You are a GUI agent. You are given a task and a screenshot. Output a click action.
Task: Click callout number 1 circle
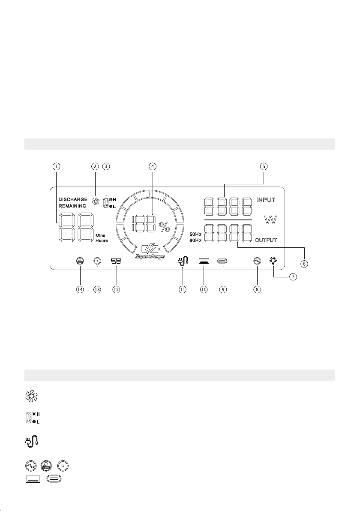(57, 166)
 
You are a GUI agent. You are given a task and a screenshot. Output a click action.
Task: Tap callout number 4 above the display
(153, 166)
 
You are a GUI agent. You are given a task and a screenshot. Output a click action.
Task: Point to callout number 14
(80, 289)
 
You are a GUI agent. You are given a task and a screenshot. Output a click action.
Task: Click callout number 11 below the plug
(183, 289)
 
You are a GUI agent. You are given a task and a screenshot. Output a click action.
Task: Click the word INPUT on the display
(266, 200)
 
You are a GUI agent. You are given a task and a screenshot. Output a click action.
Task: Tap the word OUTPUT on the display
(266, 240)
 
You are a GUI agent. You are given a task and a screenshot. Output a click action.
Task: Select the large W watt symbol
(270, 220)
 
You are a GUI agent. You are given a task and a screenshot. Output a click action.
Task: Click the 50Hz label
(195, 234)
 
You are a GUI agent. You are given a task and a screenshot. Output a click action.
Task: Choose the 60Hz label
(195, 240)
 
